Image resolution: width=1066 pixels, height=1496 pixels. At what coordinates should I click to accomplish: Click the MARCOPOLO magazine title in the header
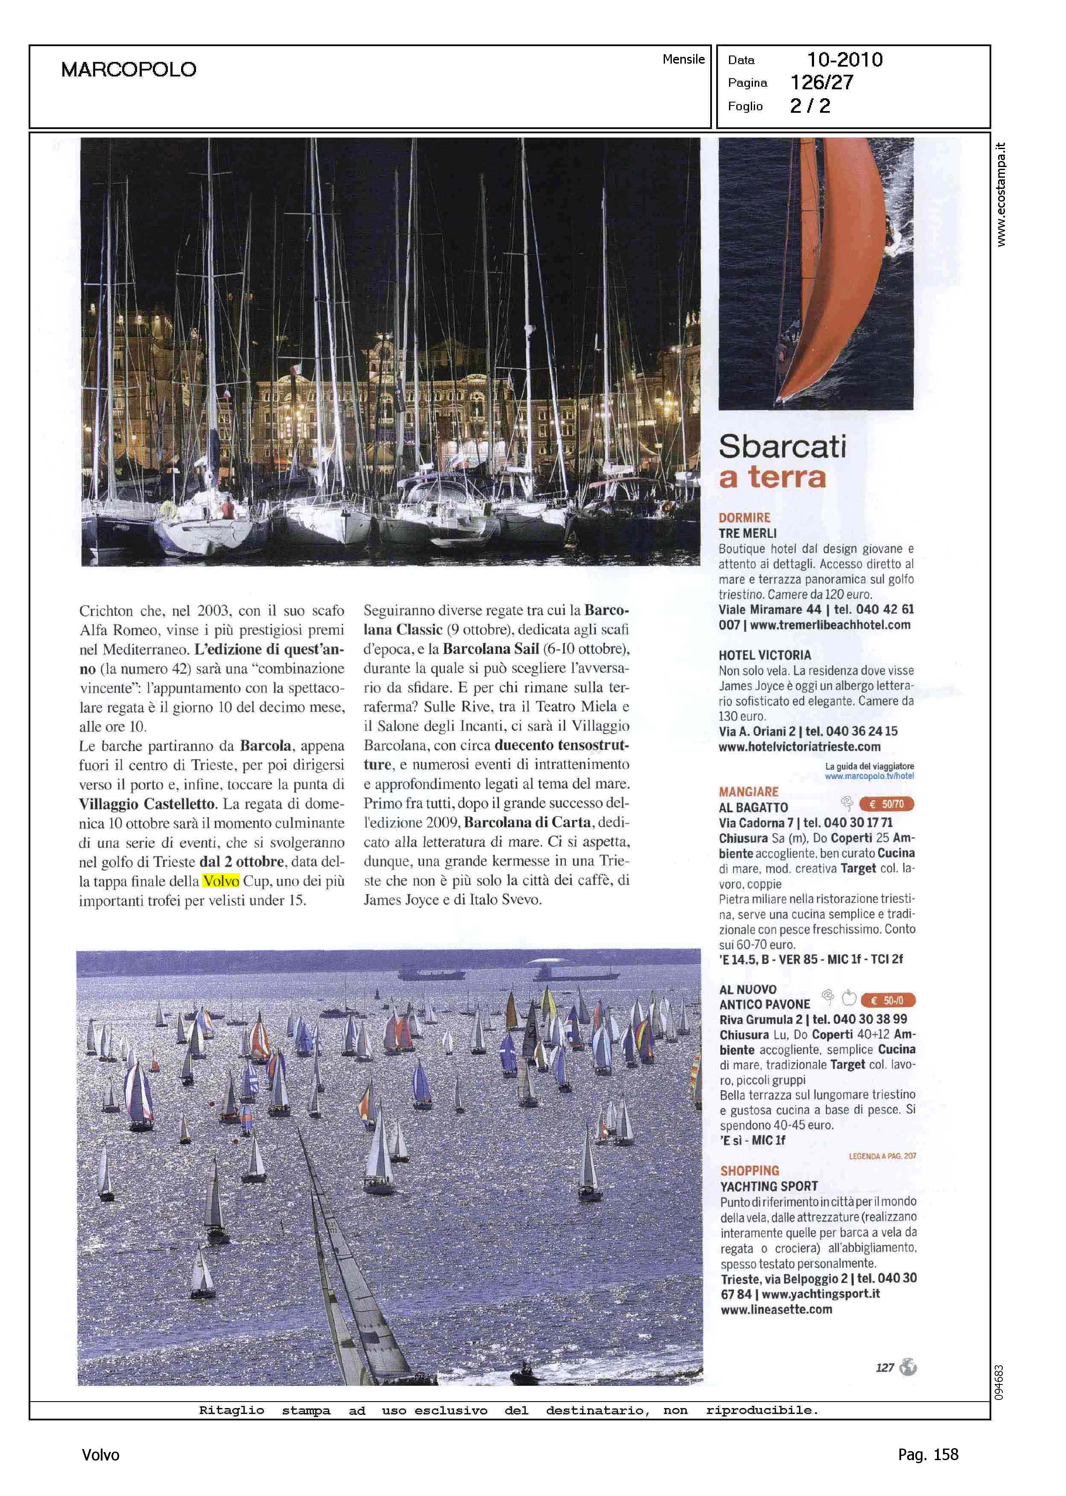click(129, 70)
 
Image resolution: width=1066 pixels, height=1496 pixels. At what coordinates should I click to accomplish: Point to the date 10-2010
click(844, 60)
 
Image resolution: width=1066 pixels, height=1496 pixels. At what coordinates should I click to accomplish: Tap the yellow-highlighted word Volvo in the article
click(221, 881)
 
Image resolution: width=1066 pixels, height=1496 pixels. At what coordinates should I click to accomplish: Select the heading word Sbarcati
click(782, 447)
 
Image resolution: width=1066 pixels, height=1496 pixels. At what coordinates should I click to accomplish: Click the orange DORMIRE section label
click(744, 518)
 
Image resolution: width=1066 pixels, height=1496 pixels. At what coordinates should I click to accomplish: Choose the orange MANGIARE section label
click(748, 792)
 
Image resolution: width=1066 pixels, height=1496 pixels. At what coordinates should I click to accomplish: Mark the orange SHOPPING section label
click(750, 1170)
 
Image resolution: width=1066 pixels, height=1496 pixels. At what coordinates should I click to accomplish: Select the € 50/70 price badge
click(886, 804)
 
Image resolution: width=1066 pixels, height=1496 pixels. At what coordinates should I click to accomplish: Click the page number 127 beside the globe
click(885, 1368)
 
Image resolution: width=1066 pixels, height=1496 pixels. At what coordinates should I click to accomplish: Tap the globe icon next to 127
click(908, 1367)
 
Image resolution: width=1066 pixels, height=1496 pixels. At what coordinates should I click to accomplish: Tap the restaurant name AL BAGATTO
click(753, 807)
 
